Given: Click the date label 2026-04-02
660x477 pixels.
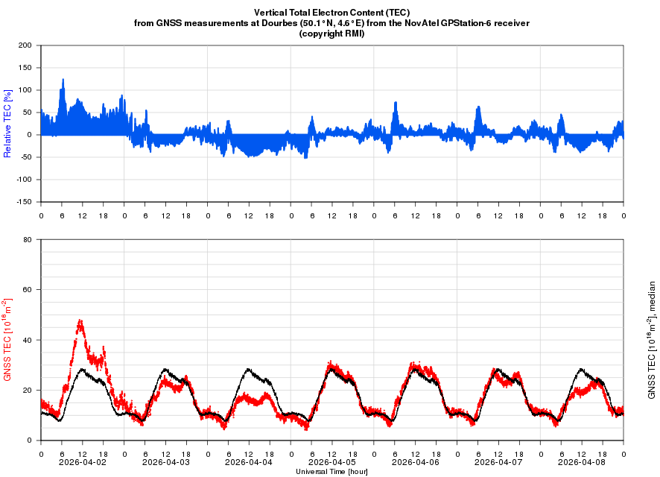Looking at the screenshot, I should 82,462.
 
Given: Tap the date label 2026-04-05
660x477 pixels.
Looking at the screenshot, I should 331,462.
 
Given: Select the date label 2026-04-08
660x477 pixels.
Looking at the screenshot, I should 582,462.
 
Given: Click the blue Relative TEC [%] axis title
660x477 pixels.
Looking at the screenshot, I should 8,123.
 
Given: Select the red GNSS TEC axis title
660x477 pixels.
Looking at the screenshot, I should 8,340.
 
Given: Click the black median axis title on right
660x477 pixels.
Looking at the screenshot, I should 652,340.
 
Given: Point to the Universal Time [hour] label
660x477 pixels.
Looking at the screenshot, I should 331,472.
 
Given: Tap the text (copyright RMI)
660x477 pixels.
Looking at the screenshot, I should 331,34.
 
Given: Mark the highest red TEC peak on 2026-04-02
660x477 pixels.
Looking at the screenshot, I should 80,320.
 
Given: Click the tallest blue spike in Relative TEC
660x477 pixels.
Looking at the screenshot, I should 63,79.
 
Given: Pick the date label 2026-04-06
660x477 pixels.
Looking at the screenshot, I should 415,462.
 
